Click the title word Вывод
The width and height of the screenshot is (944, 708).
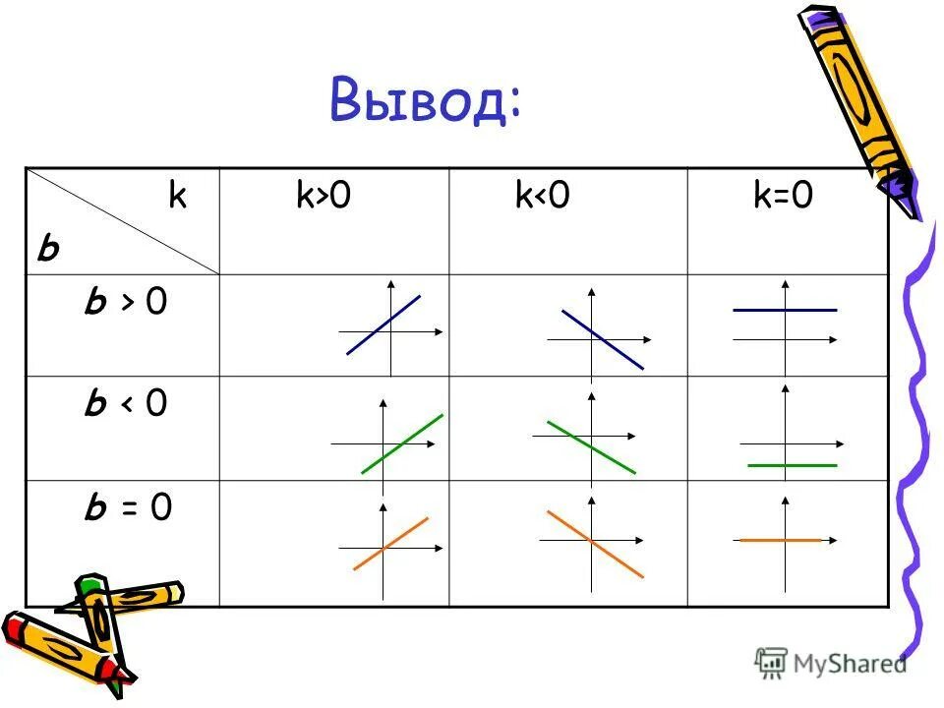click(425, 102)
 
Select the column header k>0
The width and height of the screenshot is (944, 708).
click(324, 197)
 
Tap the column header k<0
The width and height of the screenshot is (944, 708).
click(542, 197)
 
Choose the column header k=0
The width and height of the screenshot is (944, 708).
click(783, 197)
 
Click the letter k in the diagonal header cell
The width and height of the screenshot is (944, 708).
click(177, 197)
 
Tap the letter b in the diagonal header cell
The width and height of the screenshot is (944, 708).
click(47, 251)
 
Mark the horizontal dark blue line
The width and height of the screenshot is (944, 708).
click(785, 310)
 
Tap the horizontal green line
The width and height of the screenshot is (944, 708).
click(792, 464)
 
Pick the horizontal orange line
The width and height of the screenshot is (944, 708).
click(779, 540)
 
